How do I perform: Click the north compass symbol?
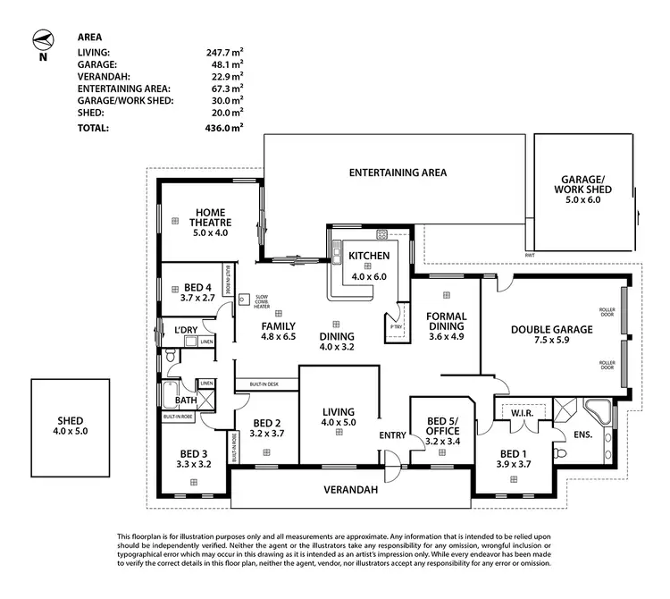click(x=42, y=41)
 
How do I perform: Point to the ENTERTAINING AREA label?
click(x=398, y=173)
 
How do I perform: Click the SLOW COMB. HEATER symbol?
click(x=242, y=300)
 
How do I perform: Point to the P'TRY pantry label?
click(x=397, y=326)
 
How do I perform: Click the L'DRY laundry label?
click(x=186, y=331)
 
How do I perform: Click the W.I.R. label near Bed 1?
click(x=521, y=413)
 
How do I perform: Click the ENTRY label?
click(x=392, y=435)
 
